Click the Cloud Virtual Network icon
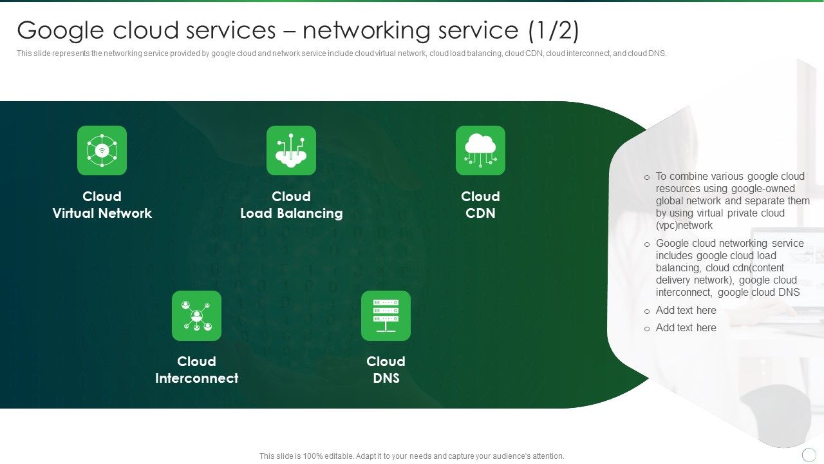click(x=102, y=150)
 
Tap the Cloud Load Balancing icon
click(x=291, y=150)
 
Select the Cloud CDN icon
click(x=480, y=150)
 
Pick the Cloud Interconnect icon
click(x=196, y=316)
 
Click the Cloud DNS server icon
click(x=386, y=316)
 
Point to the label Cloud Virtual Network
click(x=102, y=205)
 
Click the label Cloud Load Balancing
click(x=291, y=205)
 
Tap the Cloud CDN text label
click(x=480, y=205)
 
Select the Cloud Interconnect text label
click(x=196, y=370)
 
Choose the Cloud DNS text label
click(x=386, y=370)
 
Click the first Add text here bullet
click(x=686, y=311)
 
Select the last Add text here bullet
click(x=686, y=328)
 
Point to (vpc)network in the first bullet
click(x=684, y=226)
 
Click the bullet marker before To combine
click(x=647, y=177)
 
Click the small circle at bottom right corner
click(x=809, y=455)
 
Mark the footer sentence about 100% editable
click(x=411, y=456)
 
